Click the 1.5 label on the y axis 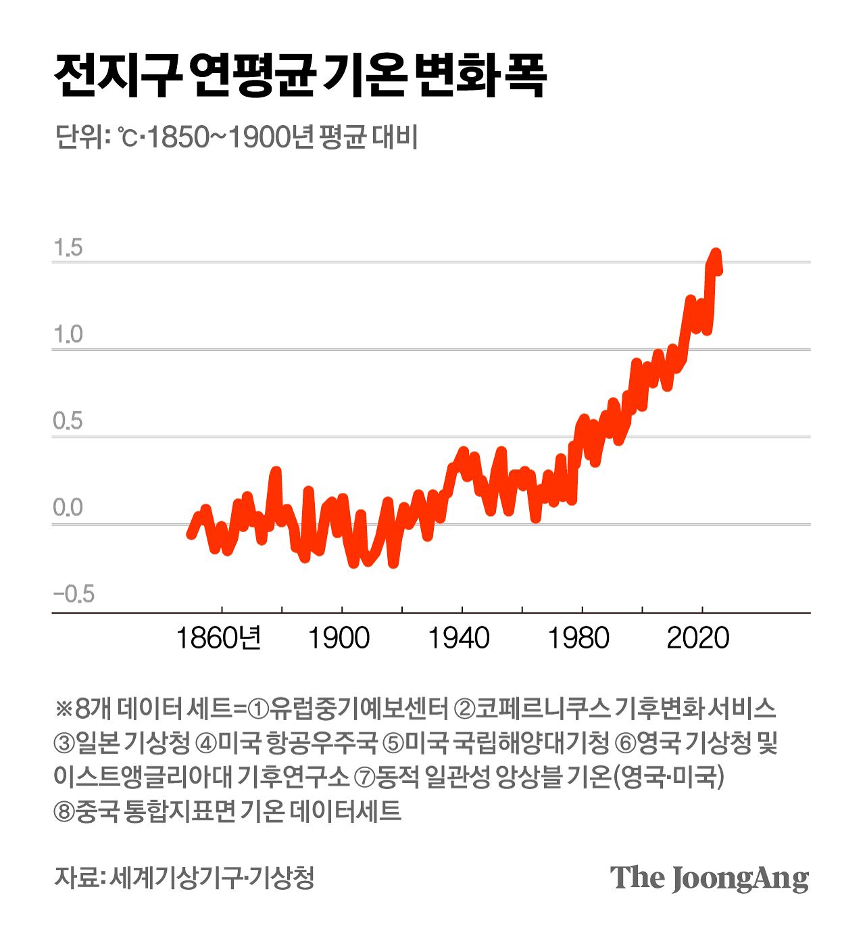click(x=68, y=248)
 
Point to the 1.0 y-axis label click(x=68, y=335)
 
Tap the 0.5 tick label click(x=68, y=421)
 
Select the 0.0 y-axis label click(x=68, y=508)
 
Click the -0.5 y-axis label click(x=74, y=594)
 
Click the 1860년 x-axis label click(x=218, y=638)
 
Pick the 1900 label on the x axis click(x=339, y=638)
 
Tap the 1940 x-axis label click(x=459, y=638)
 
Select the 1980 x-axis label click(x=579, y=638)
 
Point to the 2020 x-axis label click(x=698, y=638)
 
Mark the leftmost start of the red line click(x=191, y=535)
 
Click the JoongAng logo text click(x=709, y=878)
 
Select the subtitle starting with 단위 click(x=236, y=137)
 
